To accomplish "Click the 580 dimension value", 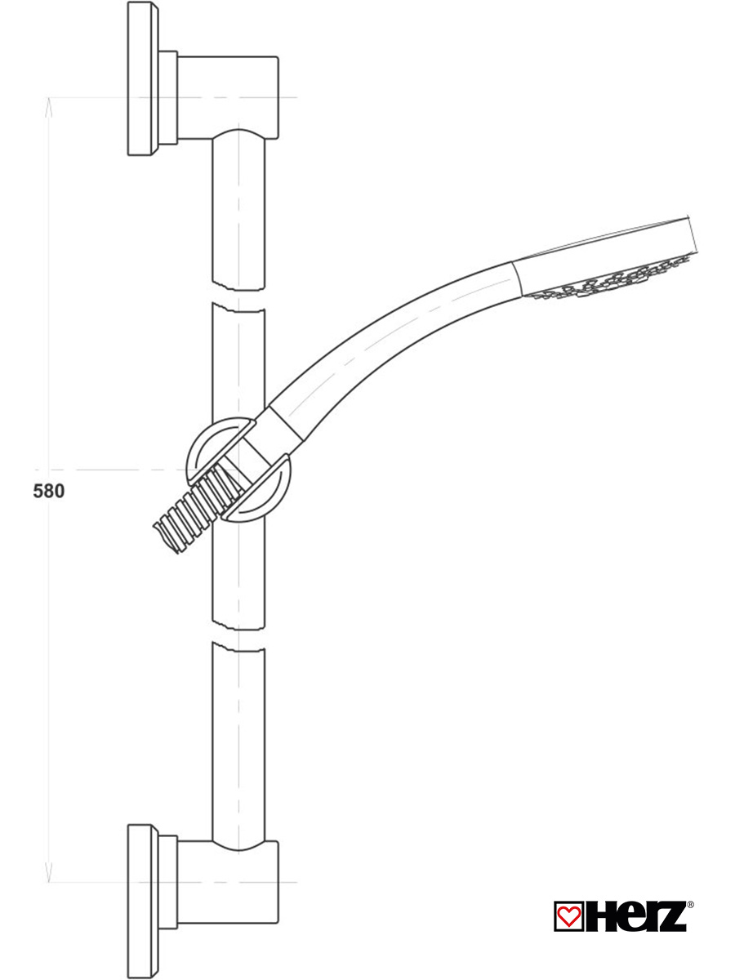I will point(48,492).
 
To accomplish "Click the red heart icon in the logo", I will point(566,915).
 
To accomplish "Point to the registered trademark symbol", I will point(690,905).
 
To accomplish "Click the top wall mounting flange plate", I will point(142,79).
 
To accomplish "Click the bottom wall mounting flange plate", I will point(142,900).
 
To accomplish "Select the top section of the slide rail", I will point(238,212).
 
